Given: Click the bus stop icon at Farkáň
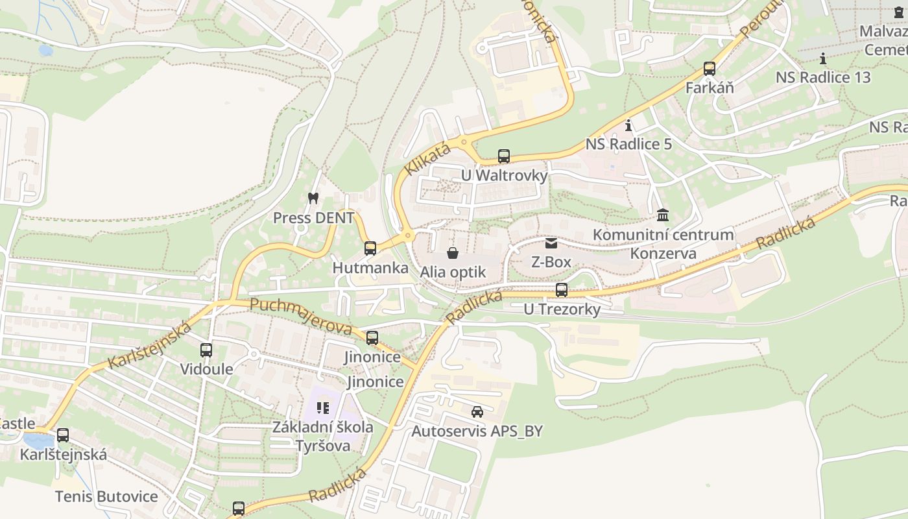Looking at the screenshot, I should [x=710, y=69].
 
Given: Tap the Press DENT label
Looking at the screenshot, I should [x=313, y=218].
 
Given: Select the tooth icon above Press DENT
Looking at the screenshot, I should [x=313, y=198].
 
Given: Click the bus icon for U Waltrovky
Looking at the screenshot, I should [x=504, y=156].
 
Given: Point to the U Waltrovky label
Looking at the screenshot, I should [x=504, y=176].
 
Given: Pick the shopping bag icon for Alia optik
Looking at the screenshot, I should [x=453, y=252].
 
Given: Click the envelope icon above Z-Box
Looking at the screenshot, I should [x=551, y=243].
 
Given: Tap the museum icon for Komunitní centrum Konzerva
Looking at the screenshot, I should [x=663, y=215].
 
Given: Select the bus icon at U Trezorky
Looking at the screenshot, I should [x=562, y=290].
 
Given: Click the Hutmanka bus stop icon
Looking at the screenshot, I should [x=370, y=248].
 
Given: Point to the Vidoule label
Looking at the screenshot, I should [x=206, y=369].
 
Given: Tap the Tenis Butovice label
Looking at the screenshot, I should [x=106, y=497].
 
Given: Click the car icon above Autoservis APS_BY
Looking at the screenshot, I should [x=477, y=411].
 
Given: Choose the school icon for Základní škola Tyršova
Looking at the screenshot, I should [x=323, y=408].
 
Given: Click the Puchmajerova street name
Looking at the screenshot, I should [x=301, y=316].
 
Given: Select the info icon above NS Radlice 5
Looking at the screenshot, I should [x=628, y=125].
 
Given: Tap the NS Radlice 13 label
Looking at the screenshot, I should [x=823, y=77].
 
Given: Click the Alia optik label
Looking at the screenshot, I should [x=453, y=272].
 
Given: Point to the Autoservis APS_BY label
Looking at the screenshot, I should [x=477, y=431].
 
